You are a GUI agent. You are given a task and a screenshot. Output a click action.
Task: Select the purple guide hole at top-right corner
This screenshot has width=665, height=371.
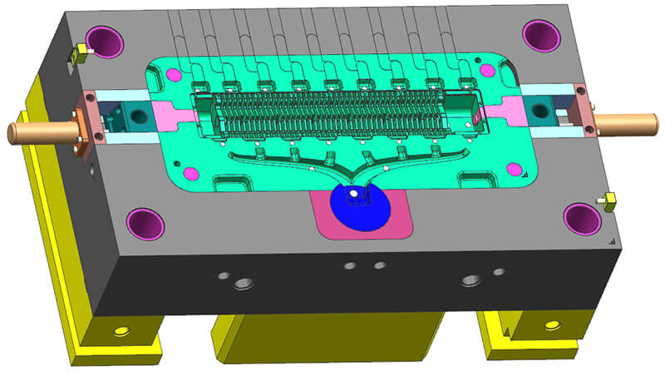541,34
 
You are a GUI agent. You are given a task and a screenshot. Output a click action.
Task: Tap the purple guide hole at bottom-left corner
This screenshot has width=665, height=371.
145,222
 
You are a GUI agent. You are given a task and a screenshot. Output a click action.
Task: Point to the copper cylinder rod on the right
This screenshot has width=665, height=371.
628,124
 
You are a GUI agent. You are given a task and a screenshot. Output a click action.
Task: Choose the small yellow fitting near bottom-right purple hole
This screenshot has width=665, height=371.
607,200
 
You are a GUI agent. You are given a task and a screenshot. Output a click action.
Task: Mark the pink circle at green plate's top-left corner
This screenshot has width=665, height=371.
175,75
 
